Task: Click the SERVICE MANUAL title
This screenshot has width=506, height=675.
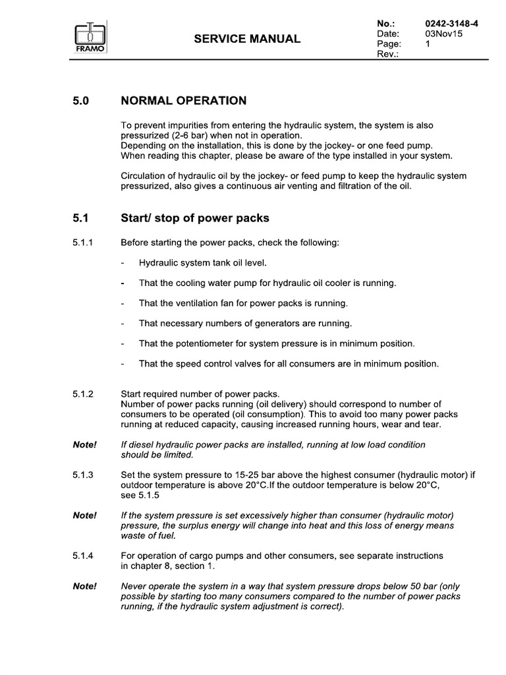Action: tap(247, 39)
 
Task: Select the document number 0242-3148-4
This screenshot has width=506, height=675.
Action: tap(452, 24)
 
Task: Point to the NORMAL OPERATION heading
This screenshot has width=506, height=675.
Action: tap(184, 101)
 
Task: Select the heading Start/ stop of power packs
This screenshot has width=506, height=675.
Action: tap(196, 218)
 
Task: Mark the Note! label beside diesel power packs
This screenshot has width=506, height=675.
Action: tap(84, 445)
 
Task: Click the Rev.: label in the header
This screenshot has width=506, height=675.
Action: tap(386, 54)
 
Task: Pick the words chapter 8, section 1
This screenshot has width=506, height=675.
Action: tap(168, 566)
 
